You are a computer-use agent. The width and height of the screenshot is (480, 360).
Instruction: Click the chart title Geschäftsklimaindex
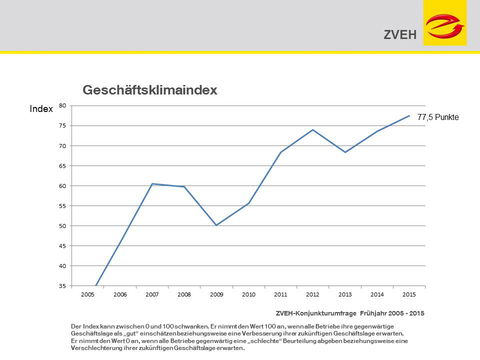[150, 90]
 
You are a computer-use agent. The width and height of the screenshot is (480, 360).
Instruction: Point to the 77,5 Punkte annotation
[437, 118]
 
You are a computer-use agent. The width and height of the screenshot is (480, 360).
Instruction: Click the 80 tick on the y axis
[63, 106]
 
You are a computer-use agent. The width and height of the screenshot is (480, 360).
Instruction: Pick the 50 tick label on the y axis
[63, 226]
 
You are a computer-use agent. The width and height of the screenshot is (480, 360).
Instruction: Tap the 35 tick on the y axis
[63, 286]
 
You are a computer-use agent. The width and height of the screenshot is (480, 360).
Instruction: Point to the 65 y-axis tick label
[63, 166]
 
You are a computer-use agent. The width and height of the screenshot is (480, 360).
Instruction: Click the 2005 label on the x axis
[88, 295]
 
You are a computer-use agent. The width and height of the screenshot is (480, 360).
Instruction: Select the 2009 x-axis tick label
[216, 295]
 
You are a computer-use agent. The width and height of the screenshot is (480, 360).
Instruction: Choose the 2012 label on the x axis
[313, 295]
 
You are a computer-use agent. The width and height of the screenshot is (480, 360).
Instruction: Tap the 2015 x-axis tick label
[409, 295]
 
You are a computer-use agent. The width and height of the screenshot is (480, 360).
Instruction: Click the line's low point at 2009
[216, 225]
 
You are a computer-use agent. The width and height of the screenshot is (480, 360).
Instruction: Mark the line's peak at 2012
[313, 130]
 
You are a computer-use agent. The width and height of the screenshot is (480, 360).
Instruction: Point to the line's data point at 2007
[152, 184]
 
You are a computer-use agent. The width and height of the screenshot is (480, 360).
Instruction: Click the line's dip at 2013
[345, 152]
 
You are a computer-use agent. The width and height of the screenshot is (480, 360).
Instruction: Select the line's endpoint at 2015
[409, 116]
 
